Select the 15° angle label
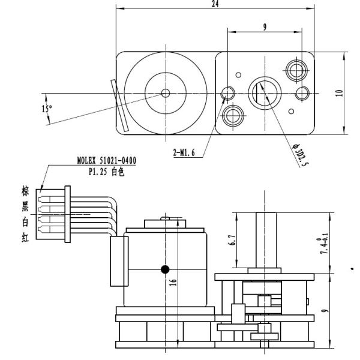(x=46, y=109)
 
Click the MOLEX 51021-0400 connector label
(x=107, y=161)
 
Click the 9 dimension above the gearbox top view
(x=264, y=28)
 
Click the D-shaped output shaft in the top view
(x=263, y=92)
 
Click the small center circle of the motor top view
(x=166, y=93)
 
